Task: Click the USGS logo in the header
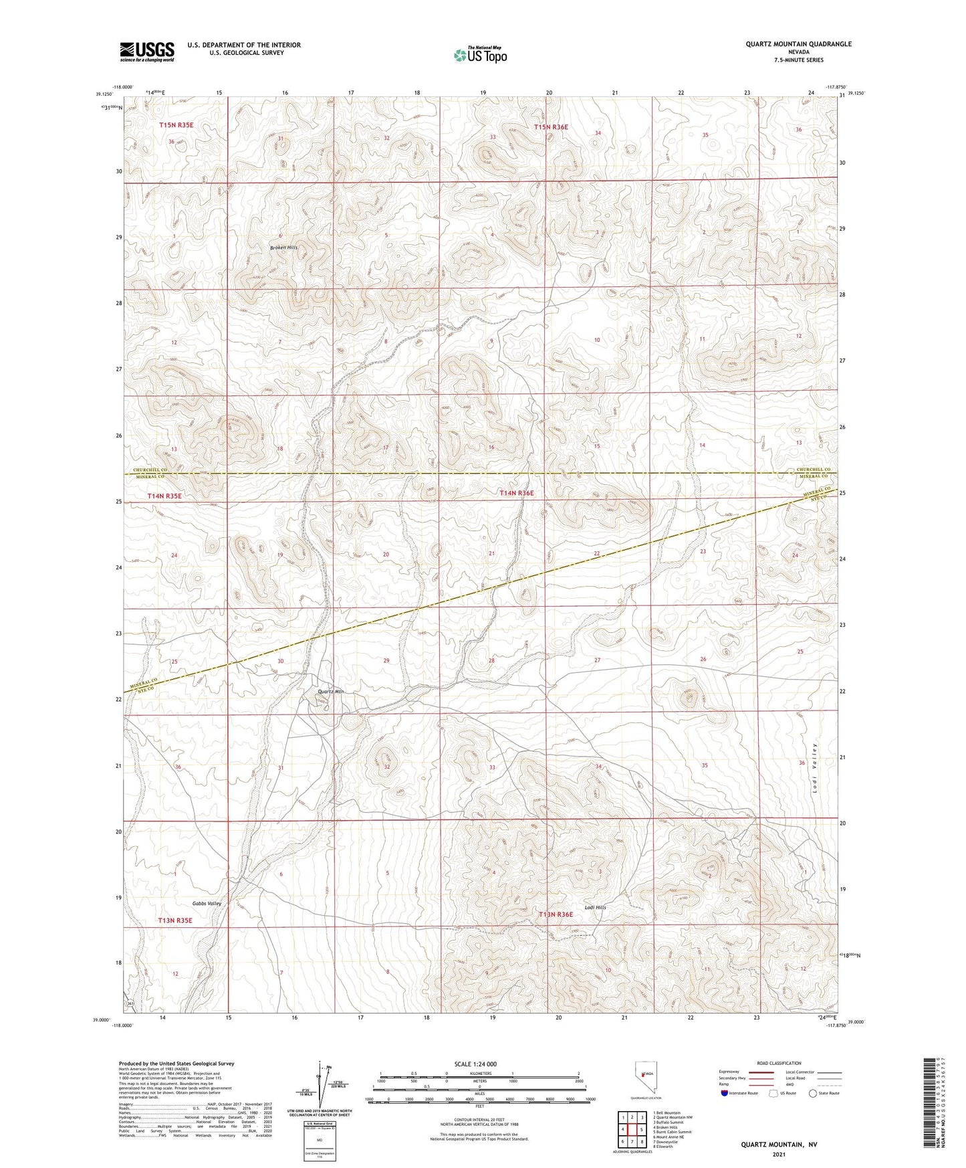(147, 52)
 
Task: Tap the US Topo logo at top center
(479, 54)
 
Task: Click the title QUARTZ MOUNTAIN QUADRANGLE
(798, 44)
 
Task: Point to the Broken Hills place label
(283, 248)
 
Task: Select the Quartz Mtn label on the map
(330, 692)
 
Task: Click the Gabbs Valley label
(207, 903)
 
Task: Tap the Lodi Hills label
(595, 907)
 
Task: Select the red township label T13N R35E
(175, 920)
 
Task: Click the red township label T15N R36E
(551, 126)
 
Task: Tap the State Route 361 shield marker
(130, 1005)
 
